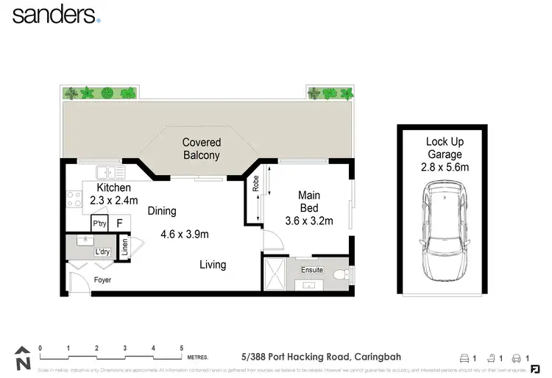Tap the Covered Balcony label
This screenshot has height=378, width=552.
[202, 149]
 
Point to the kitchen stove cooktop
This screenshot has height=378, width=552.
[74, 199]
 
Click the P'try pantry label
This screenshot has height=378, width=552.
[99, 223]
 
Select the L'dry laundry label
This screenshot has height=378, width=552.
[102, 252]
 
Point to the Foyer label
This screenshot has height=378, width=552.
[103, 280]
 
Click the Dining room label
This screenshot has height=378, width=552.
[162, 211]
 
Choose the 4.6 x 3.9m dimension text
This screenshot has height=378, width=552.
[185, 235]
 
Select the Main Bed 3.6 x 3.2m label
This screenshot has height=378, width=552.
[309, 207]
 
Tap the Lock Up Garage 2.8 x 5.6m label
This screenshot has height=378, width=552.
[444, 154]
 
